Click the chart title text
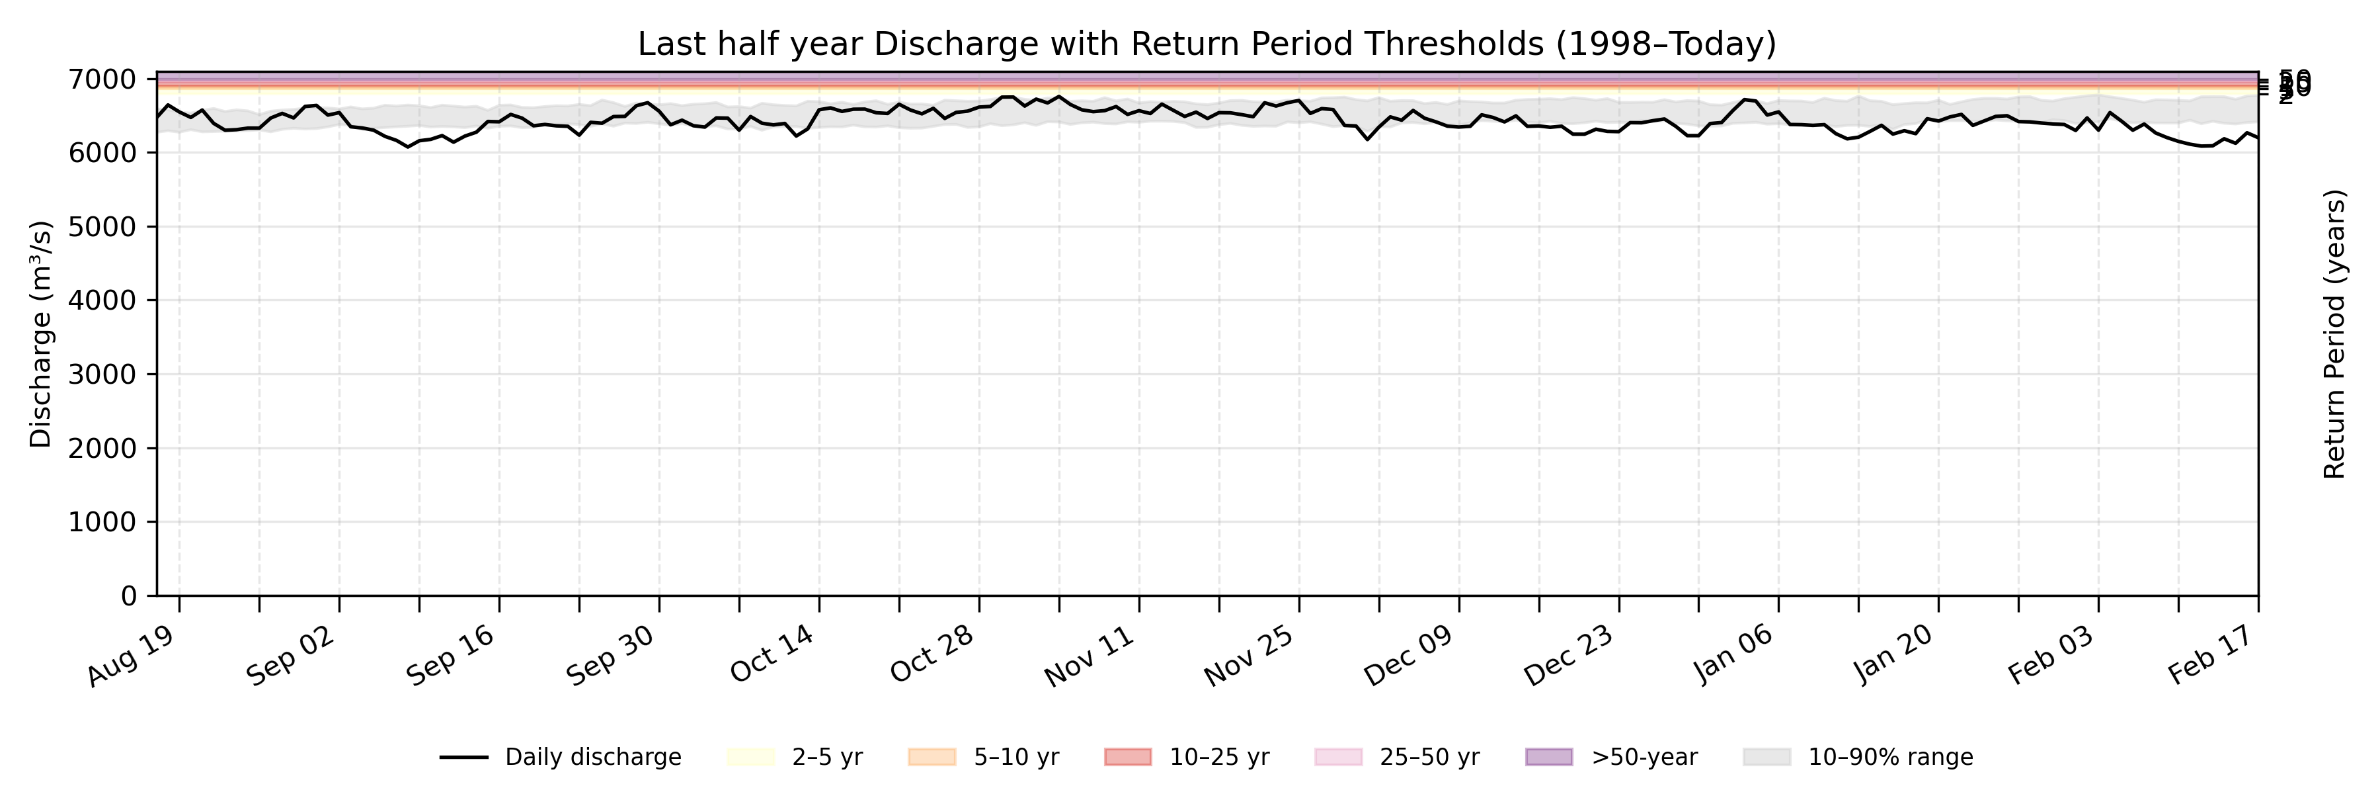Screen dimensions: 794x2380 coord(1207,44)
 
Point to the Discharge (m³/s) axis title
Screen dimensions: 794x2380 coord(40,335)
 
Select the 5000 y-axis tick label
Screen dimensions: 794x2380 coord(102,228)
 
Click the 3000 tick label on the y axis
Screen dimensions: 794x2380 coord(102,375)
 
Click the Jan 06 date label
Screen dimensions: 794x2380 coord(1733,657)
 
